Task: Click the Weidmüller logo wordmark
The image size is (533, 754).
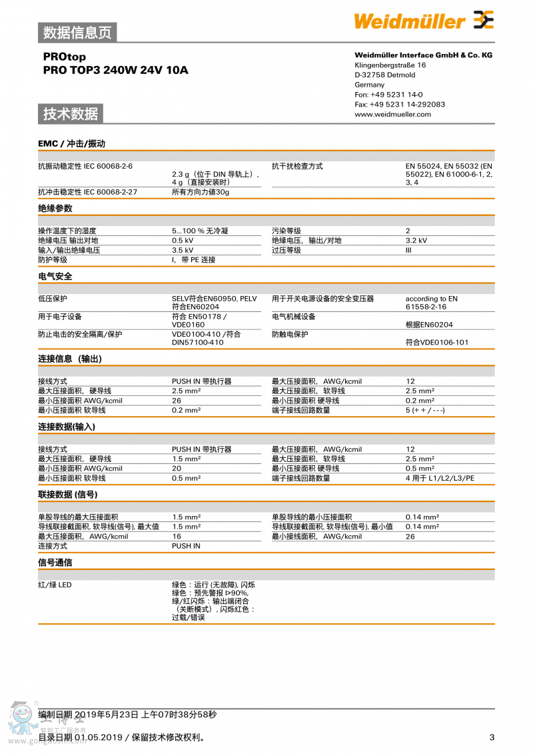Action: point(410,21)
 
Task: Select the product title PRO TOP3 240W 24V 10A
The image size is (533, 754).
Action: point(115,69)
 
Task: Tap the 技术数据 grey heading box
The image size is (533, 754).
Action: point(71,113)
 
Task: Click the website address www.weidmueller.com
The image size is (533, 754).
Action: point(392,114)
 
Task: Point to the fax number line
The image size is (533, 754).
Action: point(400,104)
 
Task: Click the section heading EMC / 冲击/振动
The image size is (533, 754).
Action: point(71,143)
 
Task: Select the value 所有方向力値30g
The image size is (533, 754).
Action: point(200,192)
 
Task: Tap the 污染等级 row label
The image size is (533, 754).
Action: point(286,231)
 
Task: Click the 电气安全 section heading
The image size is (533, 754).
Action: point(55,276)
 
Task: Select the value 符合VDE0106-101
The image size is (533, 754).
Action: point(436,342)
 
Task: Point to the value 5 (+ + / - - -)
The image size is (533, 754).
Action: point(425,410)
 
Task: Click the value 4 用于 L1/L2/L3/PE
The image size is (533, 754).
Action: point(440,478)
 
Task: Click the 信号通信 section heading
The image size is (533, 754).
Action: point(55,562)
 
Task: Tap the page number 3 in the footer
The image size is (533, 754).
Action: point(492,737)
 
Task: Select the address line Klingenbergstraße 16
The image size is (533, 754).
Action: point(390,65)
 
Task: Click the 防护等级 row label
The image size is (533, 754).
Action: point(53,259)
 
